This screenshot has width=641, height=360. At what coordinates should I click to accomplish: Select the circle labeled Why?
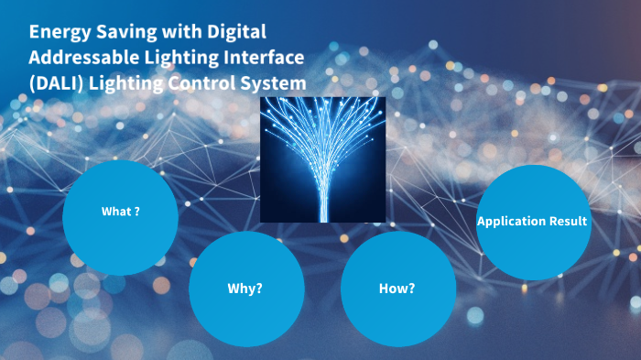245,289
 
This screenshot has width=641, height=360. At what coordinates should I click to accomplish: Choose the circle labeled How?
397,289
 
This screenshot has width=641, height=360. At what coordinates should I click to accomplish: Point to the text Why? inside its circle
245,289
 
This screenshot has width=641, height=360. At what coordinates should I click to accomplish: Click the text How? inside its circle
397,289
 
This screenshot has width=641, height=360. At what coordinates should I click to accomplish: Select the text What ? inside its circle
120,212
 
